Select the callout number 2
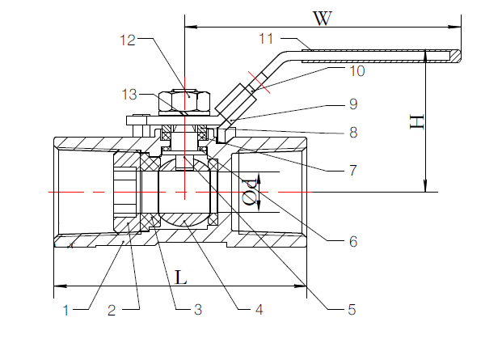pos(114,308)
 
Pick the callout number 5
pos(352,308)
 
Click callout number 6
pos(352,240)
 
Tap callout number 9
pos(352,104)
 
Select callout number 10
pos(356,71)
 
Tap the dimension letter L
pos(181,277)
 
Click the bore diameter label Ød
pos(251,193)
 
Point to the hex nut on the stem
pos(184,101)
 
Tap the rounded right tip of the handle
pos(458,56)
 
